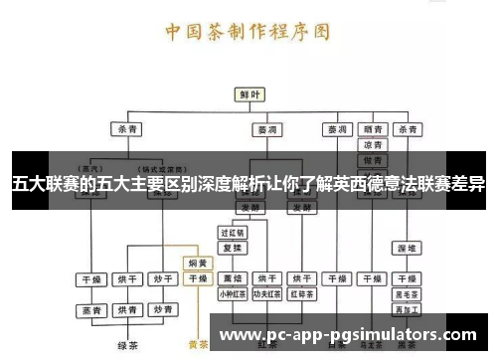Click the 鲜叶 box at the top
point(248,93)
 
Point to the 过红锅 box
point(232,232)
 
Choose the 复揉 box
point(232,247)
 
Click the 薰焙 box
point(232,278)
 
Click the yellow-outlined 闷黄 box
point(197,264)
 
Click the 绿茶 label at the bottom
point(126,345)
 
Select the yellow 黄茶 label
point(197,345)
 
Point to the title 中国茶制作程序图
point(248,31)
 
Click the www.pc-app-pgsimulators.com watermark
point(348,335)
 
